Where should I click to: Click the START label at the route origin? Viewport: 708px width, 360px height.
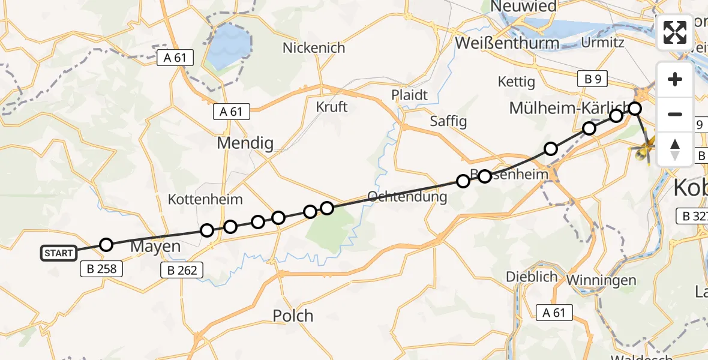(x=59, y=253)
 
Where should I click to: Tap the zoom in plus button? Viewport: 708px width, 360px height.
(x=675, y=80)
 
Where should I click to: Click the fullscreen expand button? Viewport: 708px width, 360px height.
(x=675, y=32)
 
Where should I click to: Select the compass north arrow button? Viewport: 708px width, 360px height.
(x=675, y=149)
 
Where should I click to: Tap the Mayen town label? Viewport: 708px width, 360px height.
(x=155, y=247)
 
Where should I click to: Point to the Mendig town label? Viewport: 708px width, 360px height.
(x=245, y=143)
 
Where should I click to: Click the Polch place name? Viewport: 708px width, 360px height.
(x=293, y=316)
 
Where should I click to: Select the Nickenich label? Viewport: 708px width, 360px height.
(x=314, y=47)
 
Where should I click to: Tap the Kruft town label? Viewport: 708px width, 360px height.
(x=332, y=107)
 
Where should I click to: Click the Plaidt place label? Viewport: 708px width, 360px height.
(x=409, y=95)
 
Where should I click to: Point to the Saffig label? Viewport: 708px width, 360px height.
(x=448, y=121)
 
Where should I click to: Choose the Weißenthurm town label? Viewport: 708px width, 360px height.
(x=507, y=43)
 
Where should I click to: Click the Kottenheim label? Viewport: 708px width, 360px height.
(x=205, y=199)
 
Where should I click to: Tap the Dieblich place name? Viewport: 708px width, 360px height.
(x=528, y=277)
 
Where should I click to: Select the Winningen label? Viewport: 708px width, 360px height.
(x=609, y=280)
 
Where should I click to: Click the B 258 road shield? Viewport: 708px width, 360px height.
(x=101, y=269)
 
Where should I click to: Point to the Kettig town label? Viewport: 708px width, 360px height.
(x=516, y=82)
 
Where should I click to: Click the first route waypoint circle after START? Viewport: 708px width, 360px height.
(x=106, y=244)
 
